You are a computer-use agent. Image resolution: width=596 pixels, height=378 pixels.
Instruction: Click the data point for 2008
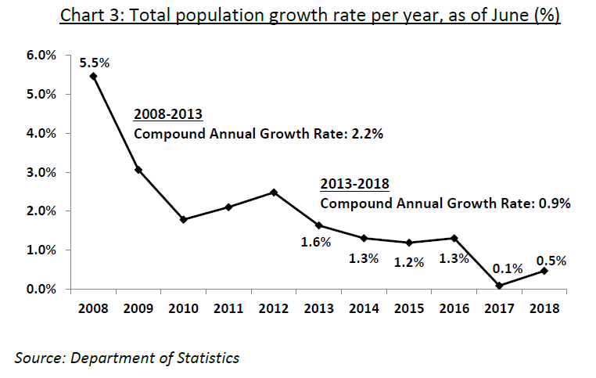pyautogui.click(x=93, y=76)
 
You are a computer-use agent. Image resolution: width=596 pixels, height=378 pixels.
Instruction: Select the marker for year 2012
pyautogui.click(x=273, y=192)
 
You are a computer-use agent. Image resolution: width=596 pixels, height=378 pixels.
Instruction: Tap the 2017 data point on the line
pyautogui.click(x=498, y=286)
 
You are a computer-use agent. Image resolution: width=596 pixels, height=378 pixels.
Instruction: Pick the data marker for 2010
pyautogui.click(x=183, y=219)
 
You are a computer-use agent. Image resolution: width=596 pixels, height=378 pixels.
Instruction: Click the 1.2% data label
pyautogui.click(x=408, y=262)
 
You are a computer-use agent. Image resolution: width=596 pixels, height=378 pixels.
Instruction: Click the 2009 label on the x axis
pyautogui.click(x=138, y=308)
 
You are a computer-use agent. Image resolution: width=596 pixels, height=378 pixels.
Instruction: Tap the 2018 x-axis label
pyautogui.click(x=543, y=308)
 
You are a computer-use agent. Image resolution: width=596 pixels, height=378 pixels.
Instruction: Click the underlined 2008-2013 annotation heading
pyautogui.click(x=167, y=115)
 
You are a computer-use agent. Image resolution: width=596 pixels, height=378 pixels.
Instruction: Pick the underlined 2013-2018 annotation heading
pyautogui.click(x=355, y=185)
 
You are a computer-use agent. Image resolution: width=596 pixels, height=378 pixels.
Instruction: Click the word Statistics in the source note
pyautogui.click(x=206, y=358)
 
